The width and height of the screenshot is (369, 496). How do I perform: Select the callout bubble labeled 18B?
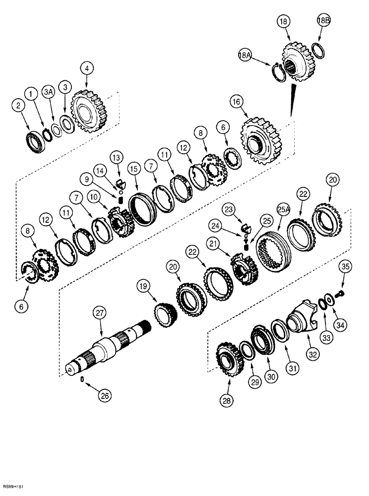pos(324,20)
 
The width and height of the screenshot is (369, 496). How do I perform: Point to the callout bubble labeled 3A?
pos(48,93)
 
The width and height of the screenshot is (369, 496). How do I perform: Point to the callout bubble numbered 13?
pos(116,157)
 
